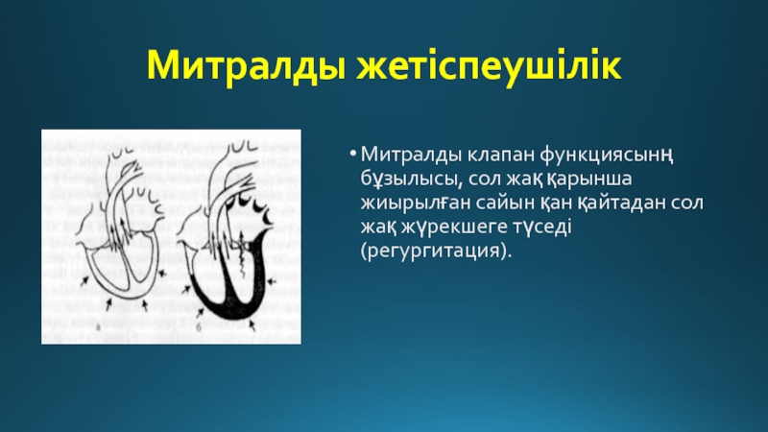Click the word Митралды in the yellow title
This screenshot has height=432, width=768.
pyautogui.click(x=247, y=65)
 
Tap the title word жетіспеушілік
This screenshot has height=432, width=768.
pyautogui.click(x=489, y=65)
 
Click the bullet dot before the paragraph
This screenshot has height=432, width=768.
pyautogui.click(x=352, y=155)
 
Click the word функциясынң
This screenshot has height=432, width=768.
pyautogui.click(x=607, y=156)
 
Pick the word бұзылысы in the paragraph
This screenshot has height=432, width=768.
pyautogui.click(x=411, y=180)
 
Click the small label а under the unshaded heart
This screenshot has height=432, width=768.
pyautogui.click(x=98, y=326)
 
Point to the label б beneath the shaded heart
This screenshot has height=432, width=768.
pyautogui.click(x=200, y=326)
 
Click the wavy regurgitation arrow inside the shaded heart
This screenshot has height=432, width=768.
pyautogui.click(x=243, y=254)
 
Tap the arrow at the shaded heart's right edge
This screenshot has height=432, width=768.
pyautogui.click(x=272, y=281)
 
